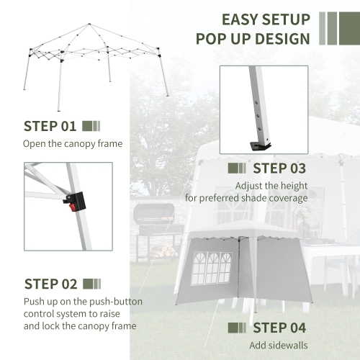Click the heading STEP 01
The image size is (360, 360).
click(x=50, y=127)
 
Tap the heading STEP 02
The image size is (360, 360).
click(x=50, y=284)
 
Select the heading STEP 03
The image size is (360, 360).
click(x=279, y=169)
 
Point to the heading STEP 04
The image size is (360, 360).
click(x=279, y=328)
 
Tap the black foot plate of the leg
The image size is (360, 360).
click(x=261, y=146)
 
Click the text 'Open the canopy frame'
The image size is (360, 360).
click(x=73, y=144)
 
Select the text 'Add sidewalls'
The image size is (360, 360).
click(x=278, y=346)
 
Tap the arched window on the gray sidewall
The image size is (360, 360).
click(x=207, y=266)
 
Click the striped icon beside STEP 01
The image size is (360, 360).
click(x=91, y=127)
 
